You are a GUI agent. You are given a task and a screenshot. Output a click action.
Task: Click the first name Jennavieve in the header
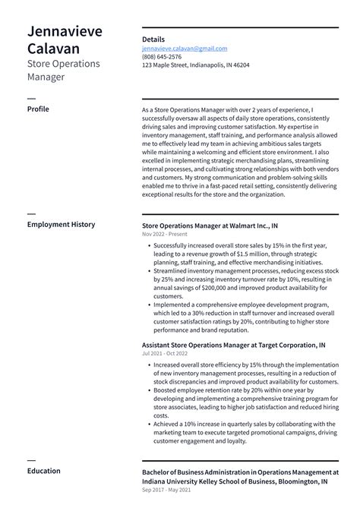point(65,31)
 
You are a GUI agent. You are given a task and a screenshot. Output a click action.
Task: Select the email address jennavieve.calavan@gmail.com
point(185,49)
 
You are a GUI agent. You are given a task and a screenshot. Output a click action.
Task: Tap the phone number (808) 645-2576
point(162,57)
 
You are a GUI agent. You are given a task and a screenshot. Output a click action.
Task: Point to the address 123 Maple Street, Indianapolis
point(195,65)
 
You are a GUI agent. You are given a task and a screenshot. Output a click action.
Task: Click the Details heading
point(153,39)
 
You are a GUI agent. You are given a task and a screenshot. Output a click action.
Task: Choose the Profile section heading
point(38,109)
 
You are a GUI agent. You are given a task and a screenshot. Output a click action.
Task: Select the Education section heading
point(44,471)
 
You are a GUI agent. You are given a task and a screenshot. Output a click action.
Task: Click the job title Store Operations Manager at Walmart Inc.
point(210,226)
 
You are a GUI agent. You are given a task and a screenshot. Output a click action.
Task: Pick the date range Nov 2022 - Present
point(164,235)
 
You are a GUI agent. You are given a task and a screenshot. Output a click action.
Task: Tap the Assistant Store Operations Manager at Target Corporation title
point(234,345)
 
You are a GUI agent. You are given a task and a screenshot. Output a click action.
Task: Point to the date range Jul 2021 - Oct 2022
point(164,354)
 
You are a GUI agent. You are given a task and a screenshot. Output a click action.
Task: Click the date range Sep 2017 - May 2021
point(165,491)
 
